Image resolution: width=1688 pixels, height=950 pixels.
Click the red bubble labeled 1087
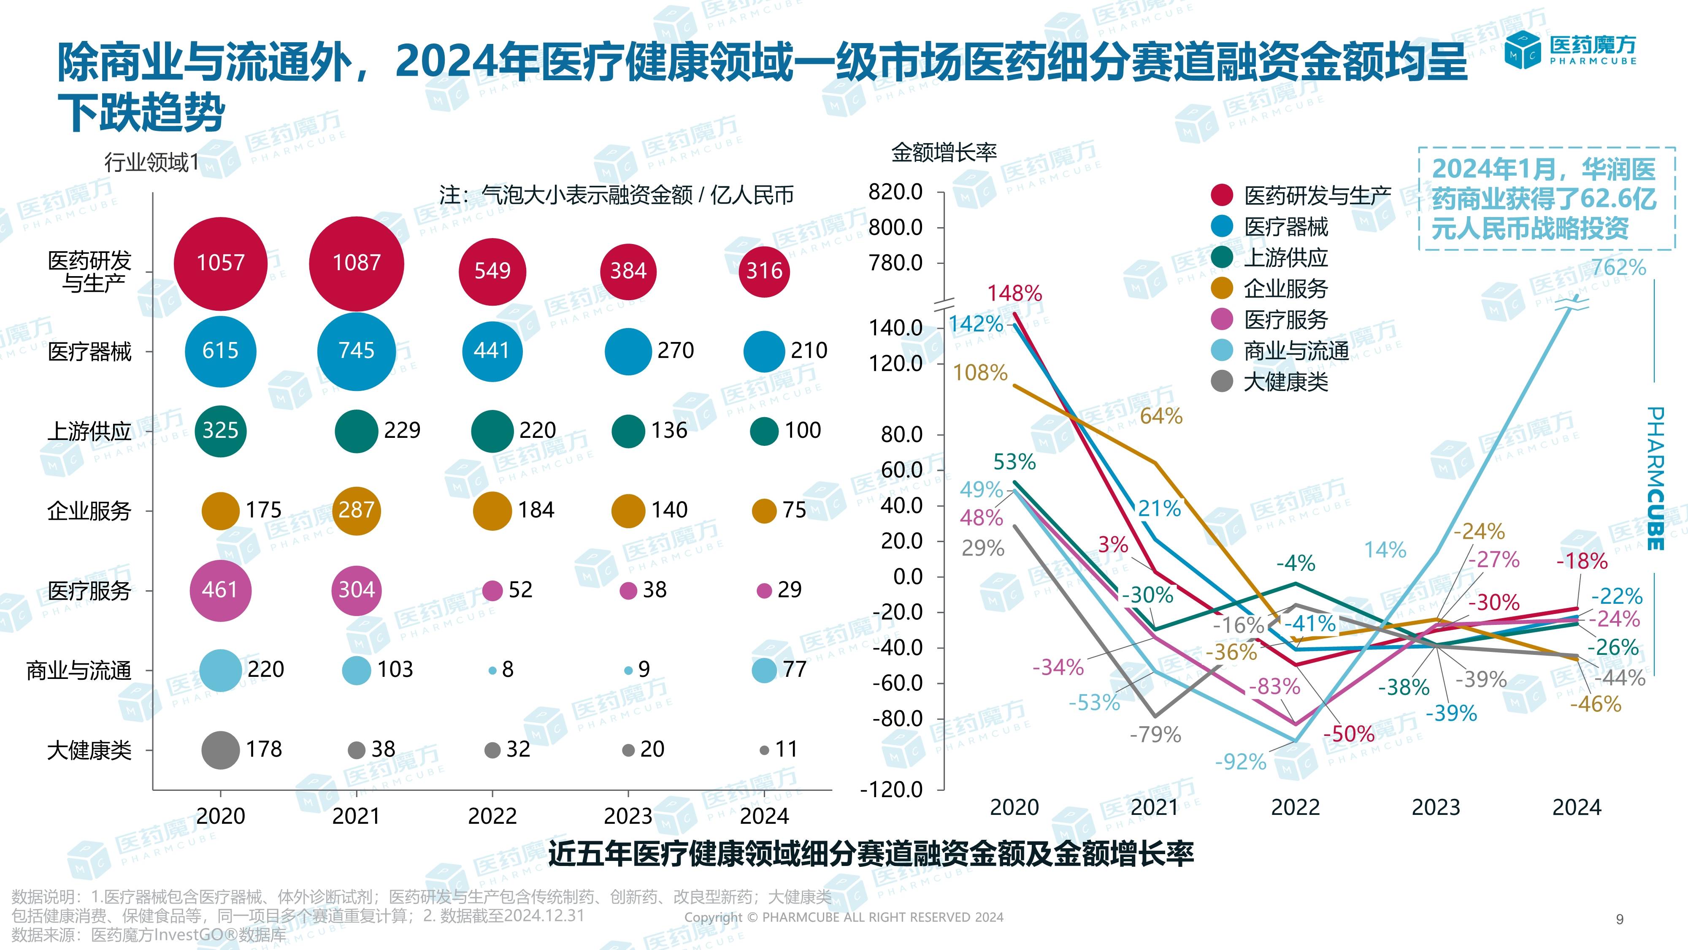[x=357, y=263]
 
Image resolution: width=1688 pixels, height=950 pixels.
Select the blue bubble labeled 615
[x=221, y=351]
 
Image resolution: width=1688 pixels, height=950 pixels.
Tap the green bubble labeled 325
[x=221, y=431]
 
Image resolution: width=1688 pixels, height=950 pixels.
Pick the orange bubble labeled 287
[x=357, y=510]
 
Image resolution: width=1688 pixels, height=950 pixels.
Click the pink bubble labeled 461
[x=221, y=590]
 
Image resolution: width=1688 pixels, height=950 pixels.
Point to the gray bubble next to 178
[x=221, y=749]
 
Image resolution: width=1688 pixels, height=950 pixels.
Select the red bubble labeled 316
[x=764, y=271]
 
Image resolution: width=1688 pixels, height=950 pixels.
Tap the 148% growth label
[x=1014, y=293]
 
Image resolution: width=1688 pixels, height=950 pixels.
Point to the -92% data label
[x=1240, y=762]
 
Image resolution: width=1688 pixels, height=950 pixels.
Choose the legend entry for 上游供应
[x=1286, y=258]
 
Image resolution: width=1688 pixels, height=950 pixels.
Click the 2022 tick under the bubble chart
[x=492, y=816]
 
